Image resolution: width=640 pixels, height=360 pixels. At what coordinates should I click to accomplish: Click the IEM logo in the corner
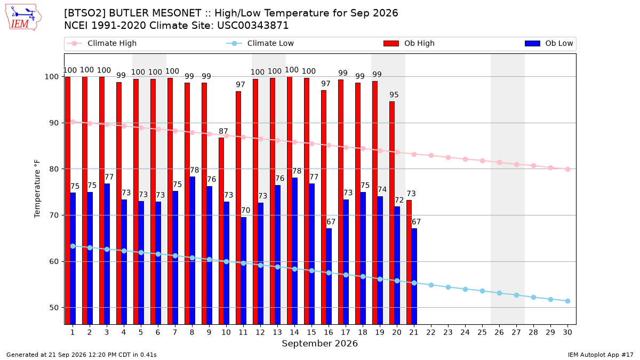23,18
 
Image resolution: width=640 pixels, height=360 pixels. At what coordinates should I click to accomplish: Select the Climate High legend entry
101,43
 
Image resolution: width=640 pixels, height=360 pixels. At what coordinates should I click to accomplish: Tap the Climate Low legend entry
260,43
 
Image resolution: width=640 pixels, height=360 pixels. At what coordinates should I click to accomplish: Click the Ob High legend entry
409,43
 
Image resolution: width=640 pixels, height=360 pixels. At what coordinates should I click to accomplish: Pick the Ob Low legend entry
549,43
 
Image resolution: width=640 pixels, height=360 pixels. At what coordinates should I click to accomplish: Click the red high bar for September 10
221,231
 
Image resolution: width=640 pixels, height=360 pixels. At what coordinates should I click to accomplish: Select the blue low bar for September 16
329,276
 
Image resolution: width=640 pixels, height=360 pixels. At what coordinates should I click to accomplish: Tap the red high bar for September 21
409,262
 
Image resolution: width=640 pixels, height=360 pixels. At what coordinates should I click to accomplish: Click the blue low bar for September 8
193,251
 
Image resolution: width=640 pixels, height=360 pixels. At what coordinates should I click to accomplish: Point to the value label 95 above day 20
394,94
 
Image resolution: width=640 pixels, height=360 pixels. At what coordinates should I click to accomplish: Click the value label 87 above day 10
223,131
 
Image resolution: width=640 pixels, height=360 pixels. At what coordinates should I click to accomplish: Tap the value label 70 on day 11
246,210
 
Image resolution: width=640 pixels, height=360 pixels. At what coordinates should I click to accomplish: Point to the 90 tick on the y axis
54,123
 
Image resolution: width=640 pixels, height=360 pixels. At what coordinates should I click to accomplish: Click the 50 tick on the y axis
54,308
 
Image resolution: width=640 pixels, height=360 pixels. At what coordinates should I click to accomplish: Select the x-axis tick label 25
482,332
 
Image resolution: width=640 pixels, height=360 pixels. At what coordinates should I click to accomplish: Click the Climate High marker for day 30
567,170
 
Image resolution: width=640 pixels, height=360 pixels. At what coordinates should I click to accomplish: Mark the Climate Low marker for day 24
465,289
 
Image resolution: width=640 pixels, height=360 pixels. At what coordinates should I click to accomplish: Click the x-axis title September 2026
319,343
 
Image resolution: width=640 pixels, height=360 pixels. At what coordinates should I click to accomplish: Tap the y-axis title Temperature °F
37,189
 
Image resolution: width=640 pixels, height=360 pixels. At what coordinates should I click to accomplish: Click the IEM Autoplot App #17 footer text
601,355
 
